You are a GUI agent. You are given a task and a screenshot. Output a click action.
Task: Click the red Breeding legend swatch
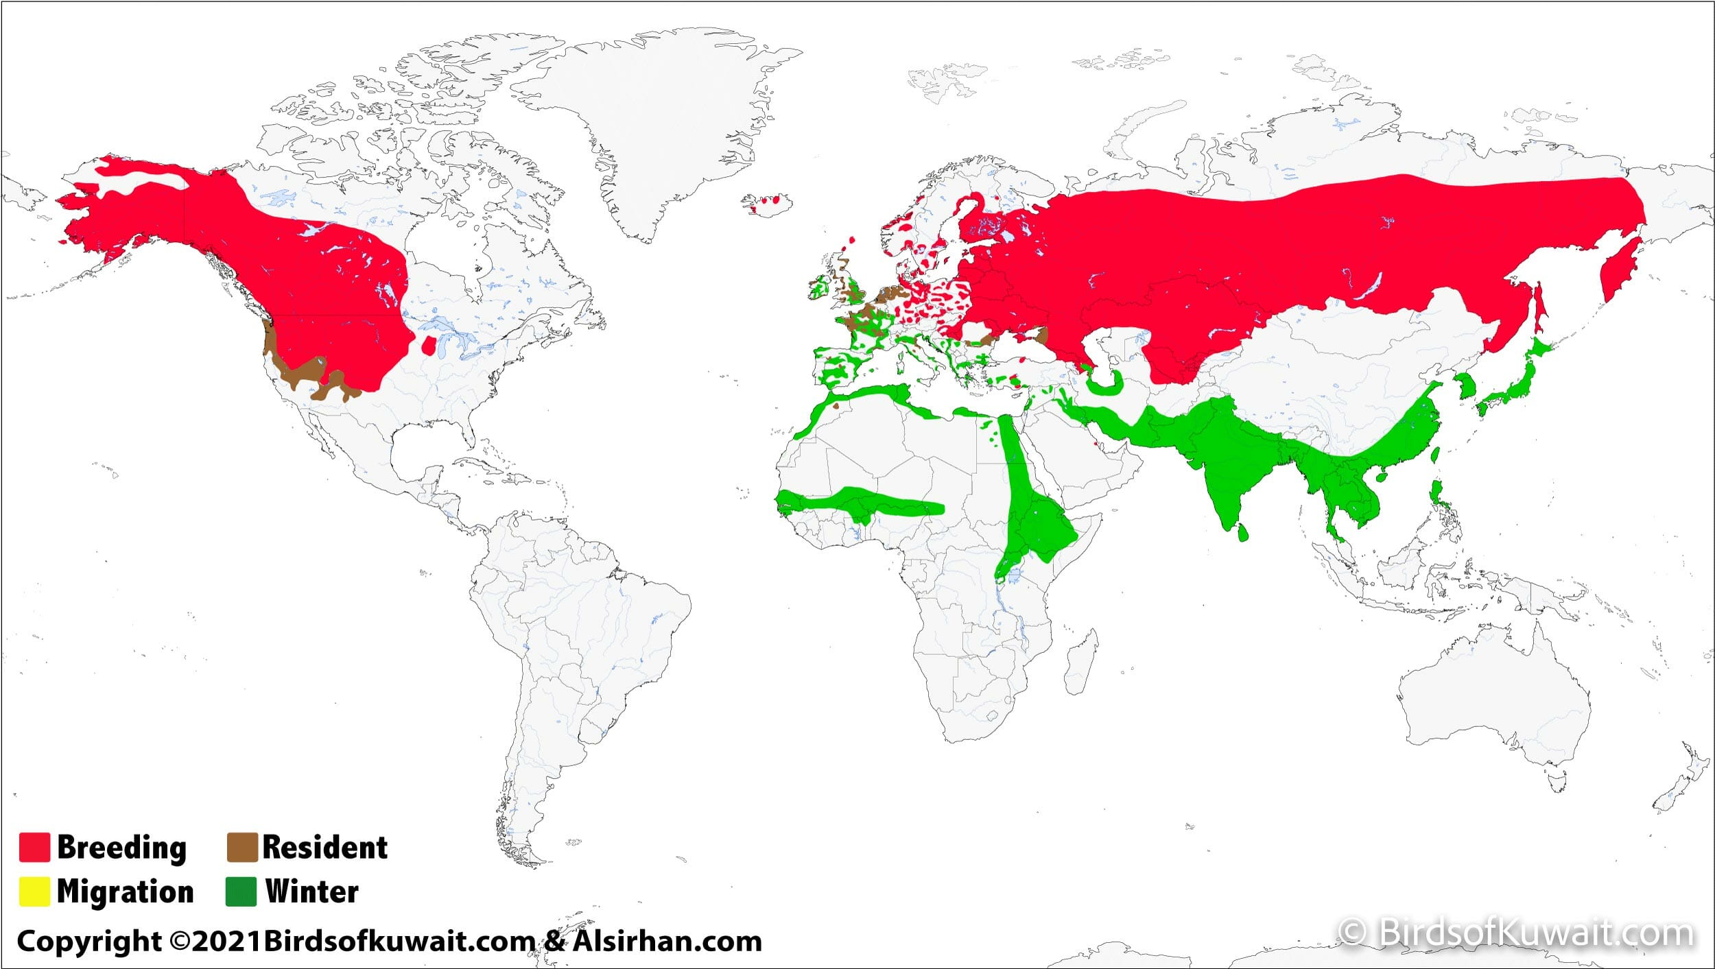point(34,847)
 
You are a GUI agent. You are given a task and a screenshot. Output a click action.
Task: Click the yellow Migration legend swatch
point(34,892)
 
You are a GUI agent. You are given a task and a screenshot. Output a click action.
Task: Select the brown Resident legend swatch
point(242,847)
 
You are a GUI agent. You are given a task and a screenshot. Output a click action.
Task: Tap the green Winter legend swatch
point(241,892)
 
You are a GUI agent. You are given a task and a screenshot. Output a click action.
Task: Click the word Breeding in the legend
point(121,847)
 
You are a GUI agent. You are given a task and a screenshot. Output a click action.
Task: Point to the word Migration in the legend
point(125,892)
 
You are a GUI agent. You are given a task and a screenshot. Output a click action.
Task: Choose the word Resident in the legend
point(324,847)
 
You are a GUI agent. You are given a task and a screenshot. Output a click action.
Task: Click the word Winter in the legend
point(312,892)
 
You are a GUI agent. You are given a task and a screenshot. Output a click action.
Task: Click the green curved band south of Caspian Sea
point(1104,388)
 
